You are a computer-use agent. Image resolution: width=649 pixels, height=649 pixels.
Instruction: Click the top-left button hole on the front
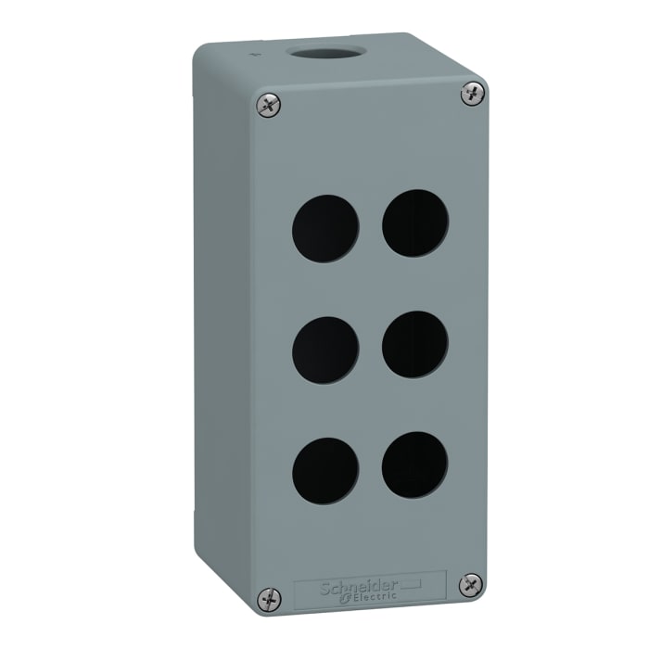tap(324, 227)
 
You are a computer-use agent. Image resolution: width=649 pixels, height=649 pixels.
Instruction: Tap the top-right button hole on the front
tap(416, 224)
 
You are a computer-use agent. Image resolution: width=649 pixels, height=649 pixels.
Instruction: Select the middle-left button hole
tap(325, 348)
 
